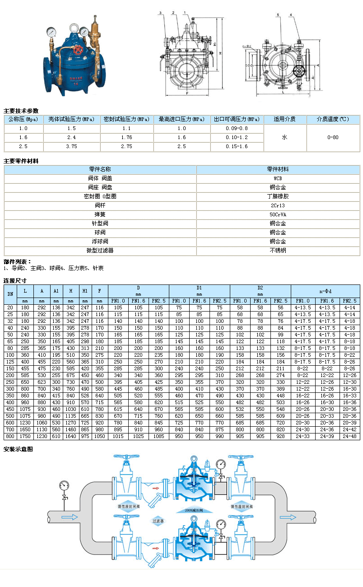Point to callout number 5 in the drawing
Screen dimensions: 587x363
pos(278,15)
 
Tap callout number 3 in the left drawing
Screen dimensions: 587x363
pos(160,13)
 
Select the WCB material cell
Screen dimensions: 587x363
pos(278,178)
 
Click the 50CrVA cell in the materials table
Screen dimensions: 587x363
pos(278,214)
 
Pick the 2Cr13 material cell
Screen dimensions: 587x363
pos(278,205)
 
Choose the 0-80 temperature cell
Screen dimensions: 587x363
pos(333,138)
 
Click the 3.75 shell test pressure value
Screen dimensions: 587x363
pos(71,146)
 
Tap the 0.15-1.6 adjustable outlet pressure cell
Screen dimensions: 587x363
pos(237,146)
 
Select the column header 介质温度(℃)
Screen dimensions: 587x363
pos(333,119)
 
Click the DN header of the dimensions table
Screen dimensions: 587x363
pos(10,293)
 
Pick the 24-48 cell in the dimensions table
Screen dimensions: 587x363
pos(349,437)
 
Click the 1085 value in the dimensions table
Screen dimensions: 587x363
pos(158,437)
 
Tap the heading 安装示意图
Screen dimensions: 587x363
pos(18,449)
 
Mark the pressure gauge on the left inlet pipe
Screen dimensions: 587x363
pos(64,486)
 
